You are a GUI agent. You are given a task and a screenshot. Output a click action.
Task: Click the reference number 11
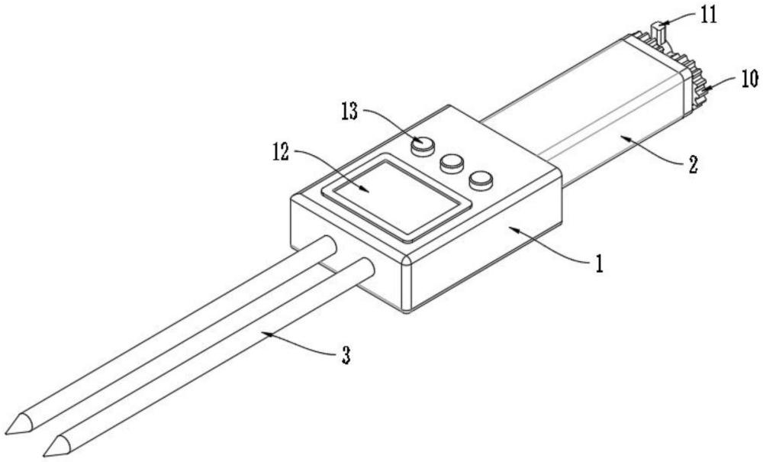(x=710, y=15)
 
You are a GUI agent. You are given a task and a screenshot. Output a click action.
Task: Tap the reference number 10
(x=748, y=79)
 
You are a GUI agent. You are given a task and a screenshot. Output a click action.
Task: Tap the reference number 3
(x=345, y=356)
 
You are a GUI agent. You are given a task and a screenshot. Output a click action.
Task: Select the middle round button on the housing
(x=451, y=163)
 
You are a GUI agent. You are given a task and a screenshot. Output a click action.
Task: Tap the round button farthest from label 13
(x=481, y=181)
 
